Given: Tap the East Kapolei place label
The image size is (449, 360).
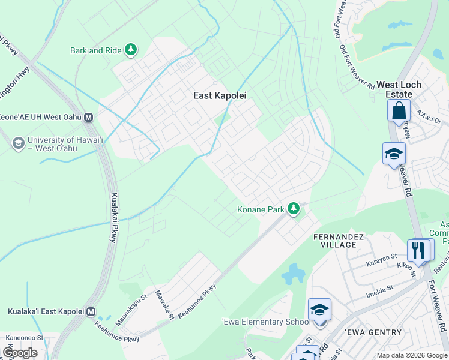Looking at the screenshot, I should (220, 95).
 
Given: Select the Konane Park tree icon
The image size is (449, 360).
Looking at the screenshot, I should (294, 209).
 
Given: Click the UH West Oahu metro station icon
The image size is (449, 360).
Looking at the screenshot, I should (88, 118).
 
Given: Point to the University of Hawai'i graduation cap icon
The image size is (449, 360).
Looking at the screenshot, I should (19, 143).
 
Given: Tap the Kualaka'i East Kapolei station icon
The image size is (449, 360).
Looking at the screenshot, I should (91, 312).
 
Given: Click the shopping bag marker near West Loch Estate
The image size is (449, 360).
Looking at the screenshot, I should (399, 111).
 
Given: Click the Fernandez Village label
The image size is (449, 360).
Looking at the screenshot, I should (339, 241).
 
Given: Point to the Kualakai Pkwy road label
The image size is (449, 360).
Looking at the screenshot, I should (113, 217).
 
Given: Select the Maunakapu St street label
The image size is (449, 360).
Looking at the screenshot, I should (131, 310).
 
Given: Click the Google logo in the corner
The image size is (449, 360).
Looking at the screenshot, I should (20, 352).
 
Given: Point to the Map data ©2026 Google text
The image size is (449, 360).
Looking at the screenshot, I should (411, 355).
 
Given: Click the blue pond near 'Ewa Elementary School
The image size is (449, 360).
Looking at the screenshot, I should (293, 274).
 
